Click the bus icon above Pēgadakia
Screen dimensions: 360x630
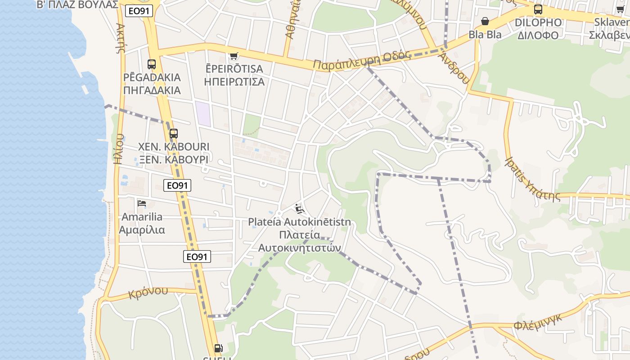click(152, 64)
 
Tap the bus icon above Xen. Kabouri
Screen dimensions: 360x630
click(174, 134)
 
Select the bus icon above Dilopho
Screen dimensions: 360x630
click(538, 9)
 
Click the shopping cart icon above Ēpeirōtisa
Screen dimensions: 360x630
click(234, 56)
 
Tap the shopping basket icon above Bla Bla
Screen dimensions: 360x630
click(485, 21)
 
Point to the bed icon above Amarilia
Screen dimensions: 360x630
click(142, 203)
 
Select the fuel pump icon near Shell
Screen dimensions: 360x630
click(218, 348)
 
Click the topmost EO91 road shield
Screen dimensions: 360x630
click(139, 11)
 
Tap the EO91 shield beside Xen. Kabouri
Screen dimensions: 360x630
click(177, 185)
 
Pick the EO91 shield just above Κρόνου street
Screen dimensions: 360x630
click(197, 256)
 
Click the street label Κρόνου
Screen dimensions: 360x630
click(148, 293)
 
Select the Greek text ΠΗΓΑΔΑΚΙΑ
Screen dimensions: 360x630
click(152, 90)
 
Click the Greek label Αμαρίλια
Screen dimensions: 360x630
click(142, 230)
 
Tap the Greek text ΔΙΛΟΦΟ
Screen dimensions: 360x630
click(538, 35)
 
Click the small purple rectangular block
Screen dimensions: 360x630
click(203, 113)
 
